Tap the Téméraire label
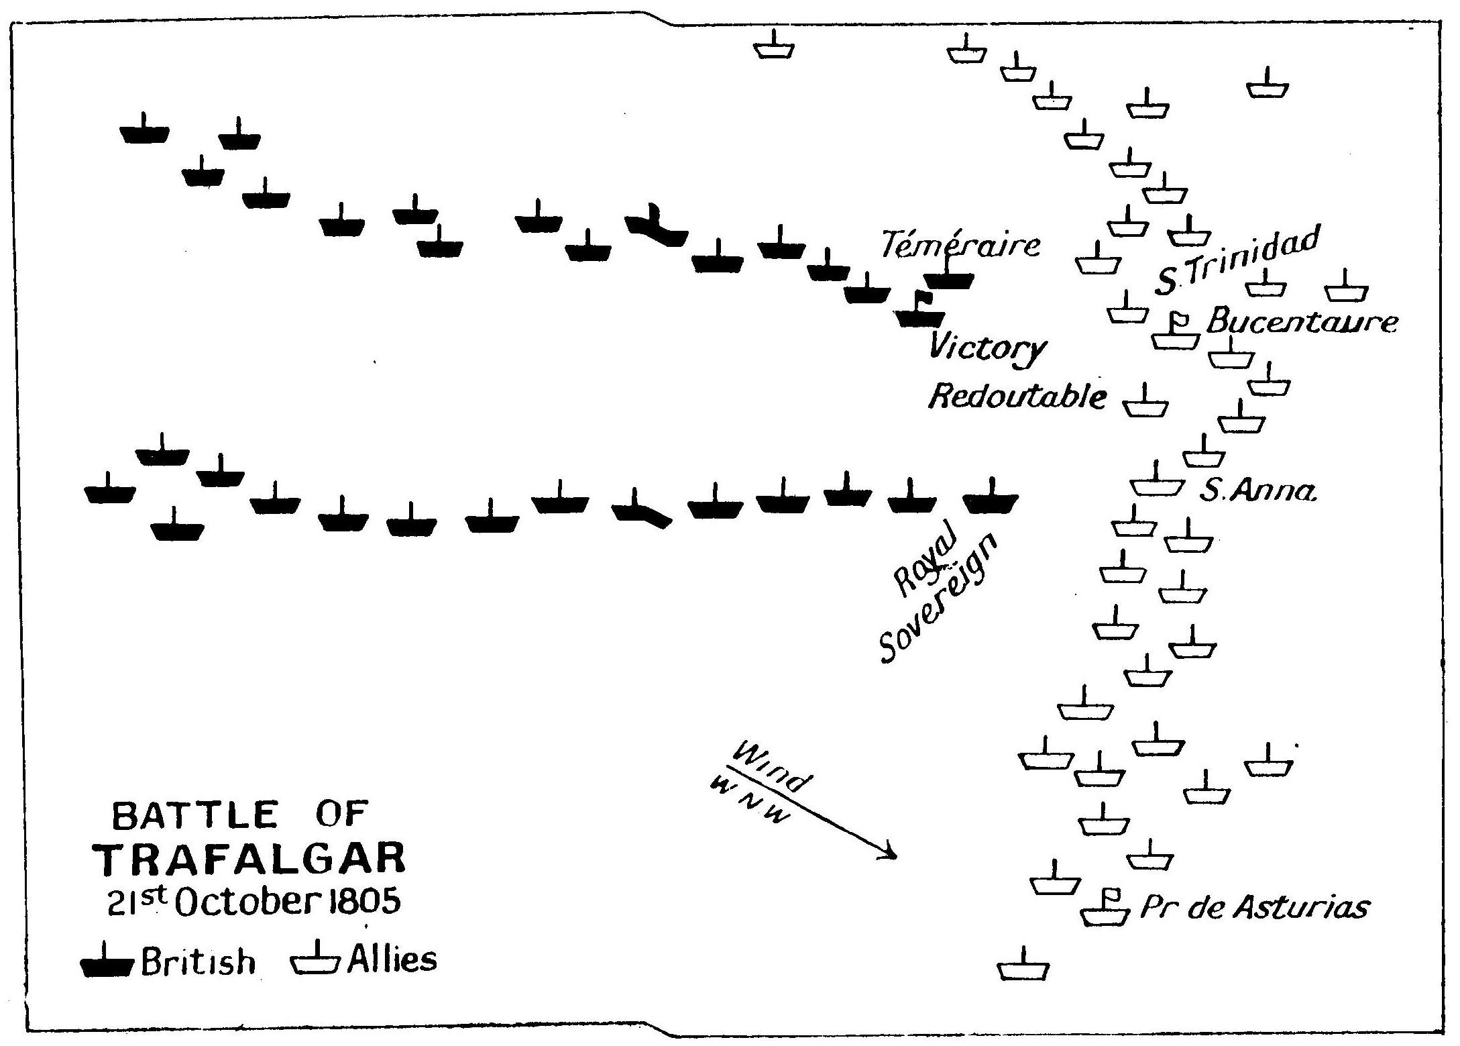point(960,245)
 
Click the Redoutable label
point(1017,397)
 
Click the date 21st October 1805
point(255,902)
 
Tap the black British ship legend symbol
point(108,963)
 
